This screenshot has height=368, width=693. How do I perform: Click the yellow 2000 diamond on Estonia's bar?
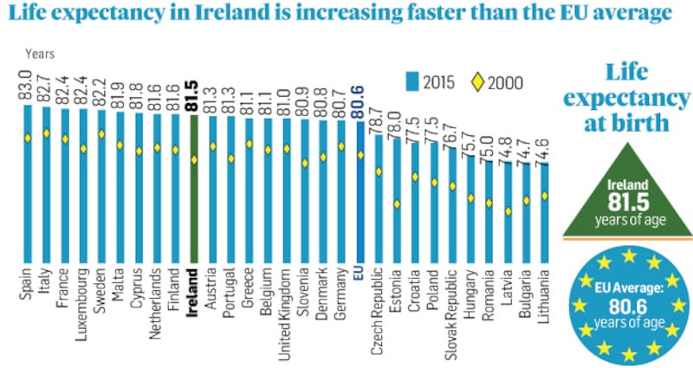coord(396,204)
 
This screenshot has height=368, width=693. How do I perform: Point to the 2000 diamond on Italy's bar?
coord(46,133)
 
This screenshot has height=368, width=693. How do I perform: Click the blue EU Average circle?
coord(625,304)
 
